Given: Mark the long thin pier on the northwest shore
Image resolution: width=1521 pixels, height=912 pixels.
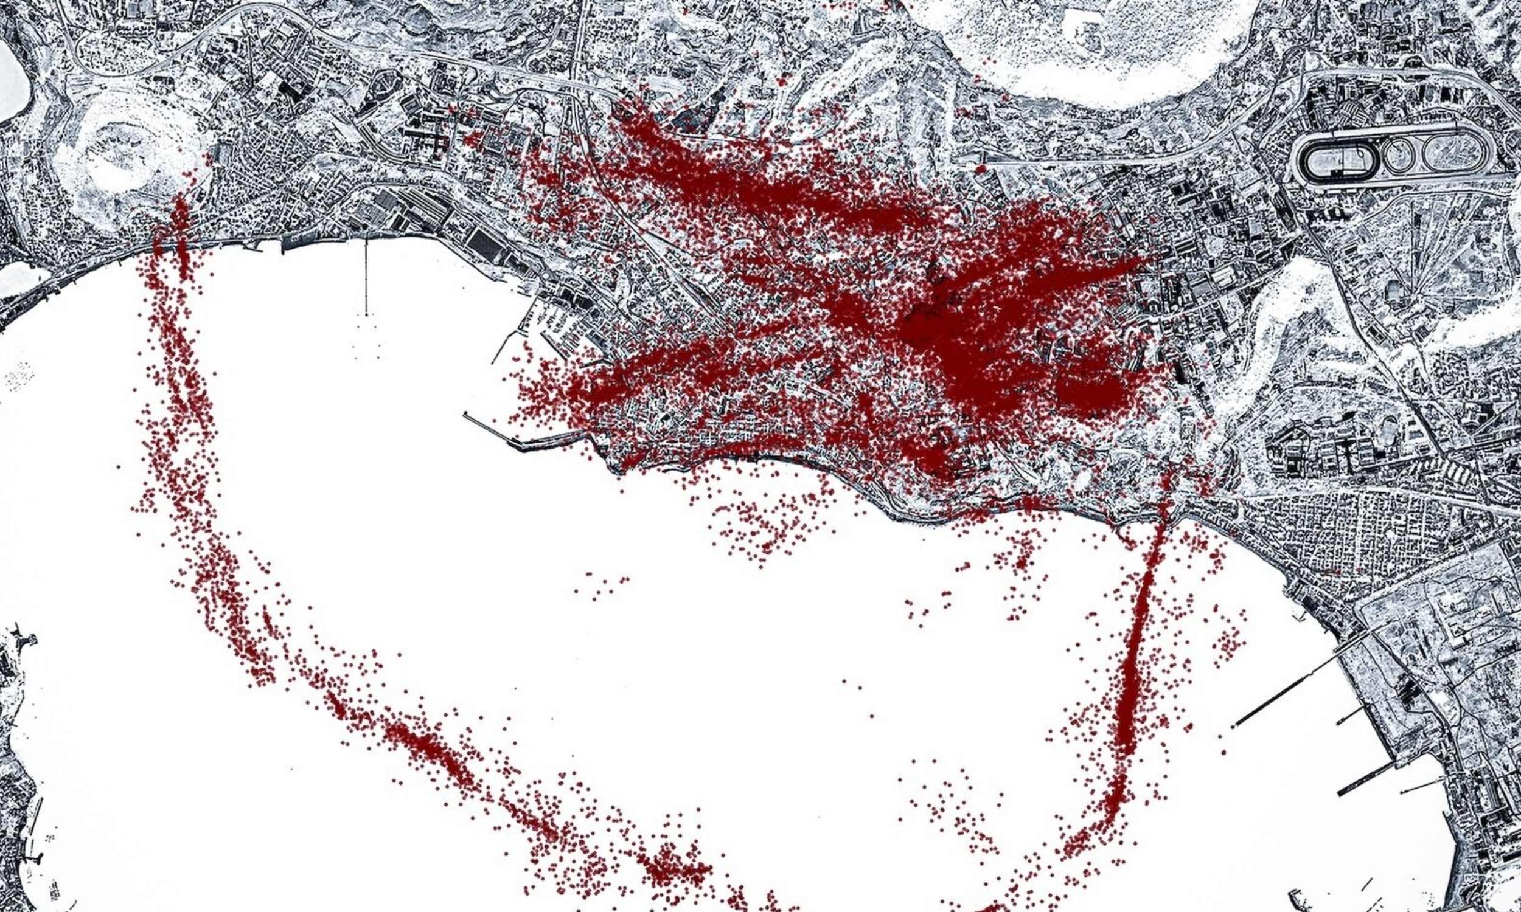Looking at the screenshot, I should (x=366, y=277).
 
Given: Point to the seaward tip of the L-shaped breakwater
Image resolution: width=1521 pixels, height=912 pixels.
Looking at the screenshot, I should (x=465, y=414).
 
